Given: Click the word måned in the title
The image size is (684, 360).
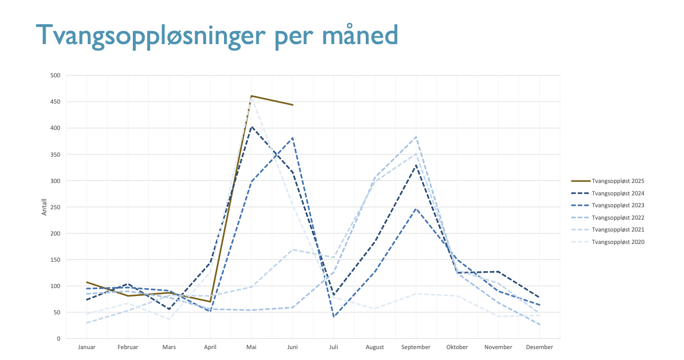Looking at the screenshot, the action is click(x=360, y=34).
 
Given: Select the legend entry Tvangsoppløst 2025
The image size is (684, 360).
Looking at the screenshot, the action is click(x=608, y=181).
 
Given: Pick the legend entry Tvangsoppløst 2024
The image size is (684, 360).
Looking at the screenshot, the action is click(x=608, y=193).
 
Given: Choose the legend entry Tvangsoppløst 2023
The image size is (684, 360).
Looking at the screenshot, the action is click(x=608, y=205).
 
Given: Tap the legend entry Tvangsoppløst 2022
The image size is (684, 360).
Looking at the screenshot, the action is click(x=608, y=218).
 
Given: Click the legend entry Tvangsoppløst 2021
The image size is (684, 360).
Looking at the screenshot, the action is click(x=608, y=230).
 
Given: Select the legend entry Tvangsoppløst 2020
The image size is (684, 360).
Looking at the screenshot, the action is click(x=608, y=241).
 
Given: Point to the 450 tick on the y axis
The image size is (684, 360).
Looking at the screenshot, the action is click(x=56, y=102).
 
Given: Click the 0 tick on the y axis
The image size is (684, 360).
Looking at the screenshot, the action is click(x=58, y=339).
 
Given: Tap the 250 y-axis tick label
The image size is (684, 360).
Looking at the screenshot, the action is click(x=56, y=207).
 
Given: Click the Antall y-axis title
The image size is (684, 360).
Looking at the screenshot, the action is click(x=44, y=207).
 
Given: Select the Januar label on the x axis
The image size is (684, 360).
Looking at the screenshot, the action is click(x=87, y=347).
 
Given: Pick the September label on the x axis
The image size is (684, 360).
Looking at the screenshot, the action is click(x=416, y=347).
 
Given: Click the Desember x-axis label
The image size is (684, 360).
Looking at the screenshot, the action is click(x=540, y=347).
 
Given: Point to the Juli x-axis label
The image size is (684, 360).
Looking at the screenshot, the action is click(x=334, y=347).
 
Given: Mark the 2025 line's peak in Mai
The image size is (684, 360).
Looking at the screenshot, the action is click(x=251, y=96).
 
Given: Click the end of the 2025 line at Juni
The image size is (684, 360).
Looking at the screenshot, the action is click(x=292, y=105).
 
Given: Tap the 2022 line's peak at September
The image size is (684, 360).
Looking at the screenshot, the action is click(x=416, y=137).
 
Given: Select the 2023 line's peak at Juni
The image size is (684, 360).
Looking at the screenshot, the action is click(x=292, y=138).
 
